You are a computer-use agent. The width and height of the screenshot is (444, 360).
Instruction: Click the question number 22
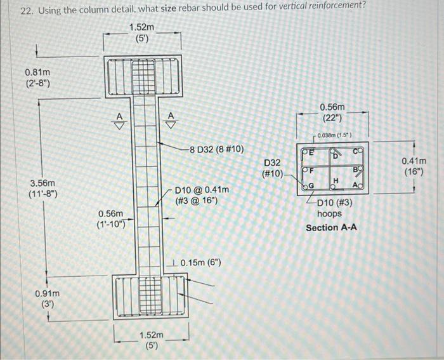pos(25,11)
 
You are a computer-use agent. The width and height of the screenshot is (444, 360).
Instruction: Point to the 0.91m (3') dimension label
pos(48,299)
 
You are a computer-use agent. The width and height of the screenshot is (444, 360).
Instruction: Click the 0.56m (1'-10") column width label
pos(115,219)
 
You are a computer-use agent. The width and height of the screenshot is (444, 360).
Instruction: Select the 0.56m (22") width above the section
pos(333,113)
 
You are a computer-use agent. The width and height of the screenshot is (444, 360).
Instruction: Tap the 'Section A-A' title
pos(331,227)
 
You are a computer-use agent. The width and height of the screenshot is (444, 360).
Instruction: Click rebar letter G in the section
pos(311,184)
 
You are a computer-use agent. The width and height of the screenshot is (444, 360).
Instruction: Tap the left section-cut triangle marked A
pos(117,120)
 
